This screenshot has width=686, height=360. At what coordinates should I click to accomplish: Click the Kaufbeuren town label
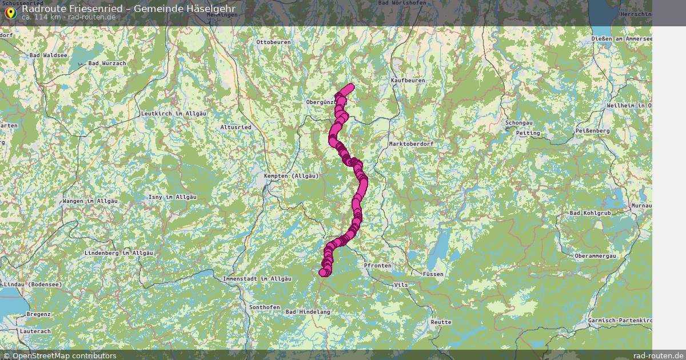point(408,81)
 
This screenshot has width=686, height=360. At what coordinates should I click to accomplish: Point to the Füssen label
point(433,274)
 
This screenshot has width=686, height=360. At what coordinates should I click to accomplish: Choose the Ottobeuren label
point(274,43)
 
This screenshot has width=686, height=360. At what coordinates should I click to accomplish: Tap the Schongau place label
point(519,123)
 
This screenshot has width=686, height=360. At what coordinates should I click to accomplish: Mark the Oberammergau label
point(595,256)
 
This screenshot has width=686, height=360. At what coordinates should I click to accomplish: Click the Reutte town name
point(441,322)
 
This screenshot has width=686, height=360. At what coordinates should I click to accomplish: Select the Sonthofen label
point(265,307)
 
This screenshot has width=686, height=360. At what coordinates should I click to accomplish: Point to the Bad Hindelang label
point(308,312)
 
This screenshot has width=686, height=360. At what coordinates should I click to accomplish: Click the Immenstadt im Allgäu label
point(257,278)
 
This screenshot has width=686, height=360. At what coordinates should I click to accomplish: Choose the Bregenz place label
point(39,315)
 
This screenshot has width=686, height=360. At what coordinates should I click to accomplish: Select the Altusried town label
point(236,127)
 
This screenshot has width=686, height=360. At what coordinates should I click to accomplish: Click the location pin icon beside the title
point(10,12)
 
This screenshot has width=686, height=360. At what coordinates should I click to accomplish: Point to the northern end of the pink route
point(350,87)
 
